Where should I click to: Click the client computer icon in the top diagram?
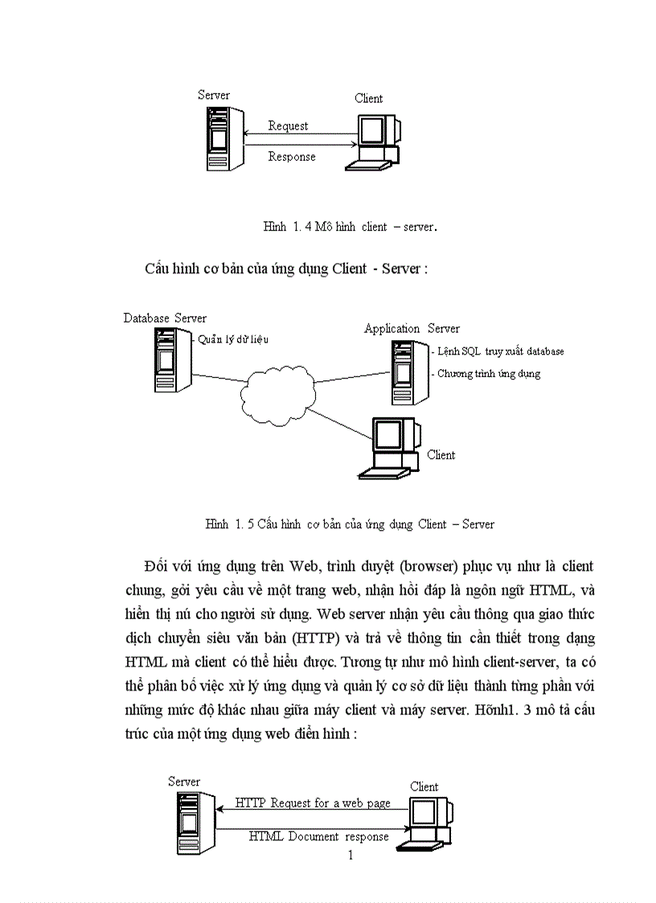pos(374,142)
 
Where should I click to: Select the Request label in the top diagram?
pos(288,126)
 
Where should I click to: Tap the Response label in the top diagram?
pos(291,157)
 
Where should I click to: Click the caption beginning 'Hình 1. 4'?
pos(350,227)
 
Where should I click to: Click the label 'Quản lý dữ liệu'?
pos(233,339)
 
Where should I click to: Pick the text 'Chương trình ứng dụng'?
pos(489,374)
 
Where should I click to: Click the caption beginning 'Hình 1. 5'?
pos(350,524)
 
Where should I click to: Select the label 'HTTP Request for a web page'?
pos(313,803)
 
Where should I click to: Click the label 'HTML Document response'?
pos(318,836)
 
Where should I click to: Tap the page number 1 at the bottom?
pos(350,855)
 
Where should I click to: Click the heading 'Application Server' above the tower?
pos(412,328)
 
